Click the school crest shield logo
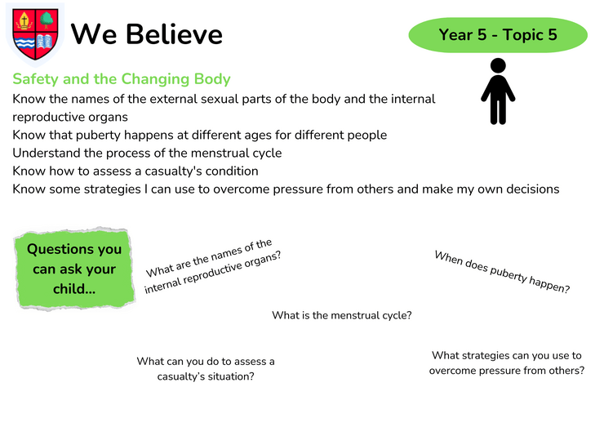coord(35,34)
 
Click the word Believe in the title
coord(174,34)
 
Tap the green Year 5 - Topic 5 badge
coord(498,34)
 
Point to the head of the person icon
coord(498,65)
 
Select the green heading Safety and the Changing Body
coord(122,79)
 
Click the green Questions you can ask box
coord(74,269)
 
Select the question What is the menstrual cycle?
coord(342,315)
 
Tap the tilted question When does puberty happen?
coord(502,272)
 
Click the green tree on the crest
coord(47,20)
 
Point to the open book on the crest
coord(45,42)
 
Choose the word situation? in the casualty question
coord(230,376)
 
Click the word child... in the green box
coord(74,289)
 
